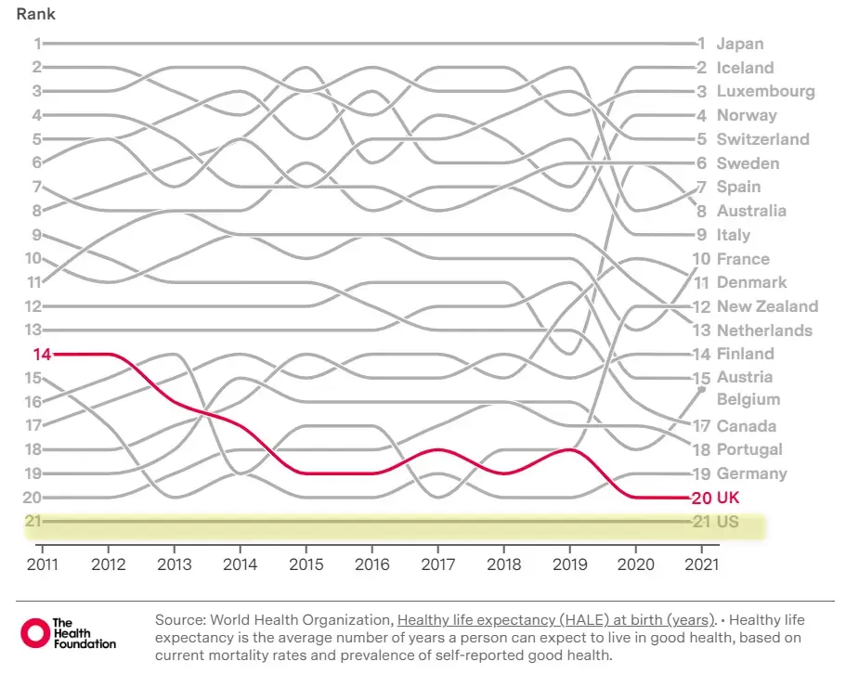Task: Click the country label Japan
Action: [740, 44]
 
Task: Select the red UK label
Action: [728, 498]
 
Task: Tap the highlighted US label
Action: [728, 522]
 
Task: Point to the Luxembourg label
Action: [765, 91]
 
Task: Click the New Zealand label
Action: [767, 306]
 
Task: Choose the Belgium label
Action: [748, 399]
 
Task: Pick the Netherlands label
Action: [764, 331]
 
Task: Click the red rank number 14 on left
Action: [42, 354]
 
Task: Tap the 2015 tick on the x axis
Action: [306, 563]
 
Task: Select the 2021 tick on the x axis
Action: [701, 563]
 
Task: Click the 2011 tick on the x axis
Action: [43, 563]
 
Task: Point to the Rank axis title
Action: [35, 15]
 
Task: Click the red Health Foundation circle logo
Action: [34, 633]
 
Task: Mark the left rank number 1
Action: [38, 44]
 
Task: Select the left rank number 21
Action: [33, 521]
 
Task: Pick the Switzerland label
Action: [762, 139]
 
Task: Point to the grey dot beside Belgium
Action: [702, 391]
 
